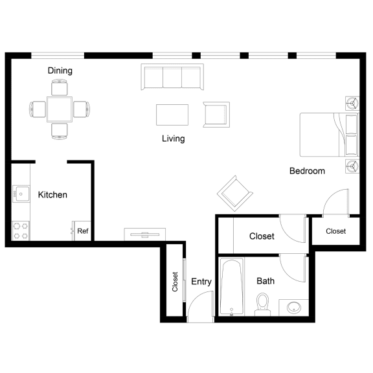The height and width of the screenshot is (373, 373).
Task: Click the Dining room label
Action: pyautogui.click(x=60, y=71)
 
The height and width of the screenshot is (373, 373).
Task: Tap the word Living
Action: pyautogui.click(x=173, y=139)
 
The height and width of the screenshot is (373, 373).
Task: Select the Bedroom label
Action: pyautogui.click(x=306, y=171)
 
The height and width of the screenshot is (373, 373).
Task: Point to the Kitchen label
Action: pyautogui.click(x=52, y=194)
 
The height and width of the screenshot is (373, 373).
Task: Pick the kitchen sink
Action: pyautogui.click(x=20, y=192)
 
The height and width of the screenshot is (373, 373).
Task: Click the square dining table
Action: pyautogui.click(x=59, y=109)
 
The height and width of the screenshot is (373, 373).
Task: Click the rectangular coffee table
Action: pyautogui.click(x=172, y=115)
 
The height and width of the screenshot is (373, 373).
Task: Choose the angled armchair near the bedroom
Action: pyautogui.click(x=234, y=191)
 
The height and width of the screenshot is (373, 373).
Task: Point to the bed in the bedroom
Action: pyautogui.click(x=327, y=134)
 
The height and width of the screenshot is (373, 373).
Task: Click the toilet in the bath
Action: pyautogui.click(x=262, y=303)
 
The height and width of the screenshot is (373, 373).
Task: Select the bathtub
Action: pyautogui.click(x=231, y=286)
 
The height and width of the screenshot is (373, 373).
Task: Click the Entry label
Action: pyautogui.click(x=201, y=282)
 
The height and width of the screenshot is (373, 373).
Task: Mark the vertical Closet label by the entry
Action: pyautogui.click(x=175, y=281)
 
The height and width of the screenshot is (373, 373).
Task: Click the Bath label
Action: pyautogui.click(x=266, y=281)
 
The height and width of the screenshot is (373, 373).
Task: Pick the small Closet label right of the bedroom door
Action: pyautogui.click(x=335, y=231)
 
